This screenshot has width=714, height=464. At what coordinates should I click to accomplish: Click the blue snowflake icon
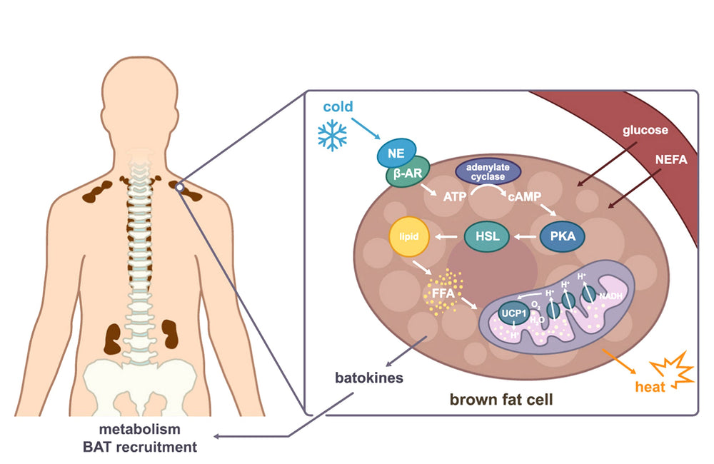[x=333, y=135]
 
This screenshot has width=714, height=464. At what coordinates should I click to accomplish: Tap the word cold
[x=338, y=107]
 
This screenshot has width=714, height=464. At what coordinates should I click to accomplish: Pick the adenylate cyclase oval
[x=488, y=171]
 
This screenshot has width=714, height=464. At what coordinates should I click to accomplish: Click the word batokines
[x=368, y=377]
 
